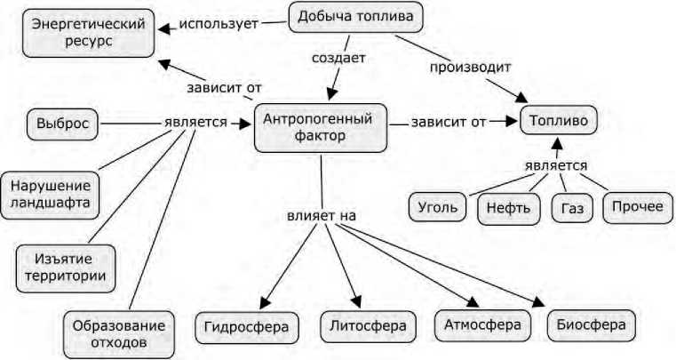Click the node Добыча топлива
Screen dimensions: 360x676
pos(355,17)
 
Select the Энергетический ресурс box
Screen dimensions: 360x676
pos(89,32)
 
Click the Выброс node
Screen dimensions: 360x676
pos(62,124)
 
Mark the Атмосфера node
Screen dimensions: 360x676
pos(482,324)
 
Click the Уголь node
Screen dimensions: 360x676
pos(438,207)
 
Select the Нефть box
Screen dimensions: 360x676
pos(508,209)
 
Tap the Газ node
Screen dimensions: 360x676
pos(571,209)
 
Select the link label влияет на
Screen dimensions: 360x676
pos(314,215)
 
